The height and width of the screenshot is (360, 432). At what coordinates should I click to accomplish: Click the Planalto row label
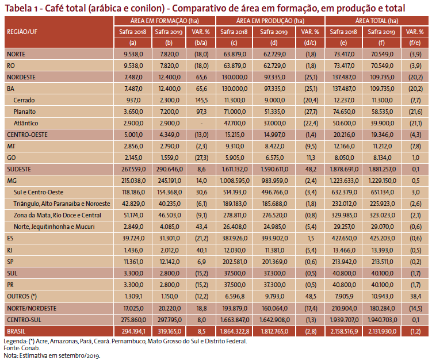pos(25,112)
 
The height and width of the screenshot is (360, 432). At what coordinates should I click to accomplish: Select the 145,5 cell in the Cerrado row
pos(201,100)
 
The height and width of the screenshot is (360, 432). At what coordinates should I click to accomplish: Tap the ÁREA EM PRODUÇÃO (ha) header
pos(270,21)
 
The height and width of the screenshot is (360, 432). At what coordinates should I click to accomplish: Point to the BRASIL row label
pos(16,331)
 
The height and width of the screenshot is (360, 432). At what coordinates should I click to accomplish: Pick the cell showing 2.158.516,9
pos(344,331)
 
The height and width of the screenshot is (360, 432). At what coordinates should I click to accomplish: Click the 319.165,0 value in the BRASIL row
pos(169,331)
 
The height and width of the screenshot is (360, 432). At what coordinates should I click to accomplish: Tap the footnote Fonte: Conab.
pos(21,348)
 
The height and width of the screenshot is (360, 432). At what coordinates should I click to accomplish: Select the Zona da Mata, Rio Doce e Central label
pos(58,215)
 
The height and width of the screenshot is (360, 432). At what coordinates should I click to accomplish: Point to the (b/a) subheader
pos(201,43)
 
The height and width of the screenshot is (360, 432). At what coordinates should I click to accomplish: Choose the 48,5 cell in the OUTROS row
pos(311,296)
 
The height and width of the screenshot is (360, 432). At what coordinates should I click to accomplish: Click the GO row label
pos(12,158)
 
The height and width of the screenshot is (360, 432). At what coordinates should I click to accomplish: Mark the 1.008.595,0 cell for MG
pos(235,181)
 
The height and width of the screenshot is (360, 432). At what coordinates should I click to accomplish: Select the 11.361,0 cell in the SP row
pos(133,262)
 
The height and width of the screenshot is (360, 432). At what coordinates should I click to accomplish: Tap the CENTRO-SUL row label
pos(24,320)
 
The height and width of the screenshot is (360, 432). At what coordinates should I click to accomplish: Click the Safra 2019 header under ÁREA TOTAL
pos(381,32)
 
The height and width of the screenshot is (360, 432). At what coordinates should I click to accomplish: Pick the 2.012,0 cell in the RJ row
pos(169,250)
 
